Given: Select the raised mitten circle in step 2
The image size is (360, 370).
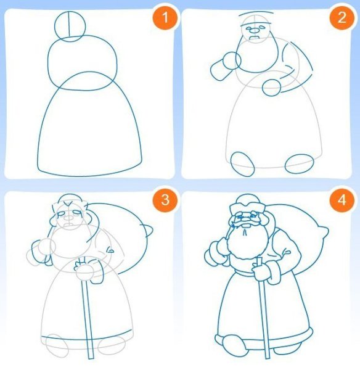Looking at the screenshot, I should click(231, 60).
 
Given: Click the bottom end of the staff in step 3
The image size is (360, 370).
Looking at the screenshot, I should click(91, 354).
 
